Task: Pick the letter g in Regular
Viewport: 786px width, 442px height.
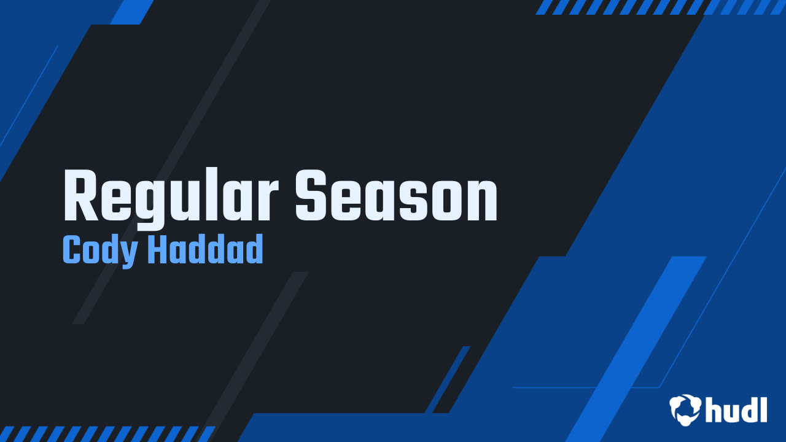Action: (x=151, y=203)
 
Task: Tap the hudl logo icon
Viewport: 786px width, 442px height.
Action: (x=685, y=409)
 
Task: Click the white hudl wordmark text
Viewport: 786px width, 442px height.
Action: (x=736, y=409)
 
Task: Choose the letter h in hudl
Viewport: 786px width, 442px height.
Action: (x=714, y=409)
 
